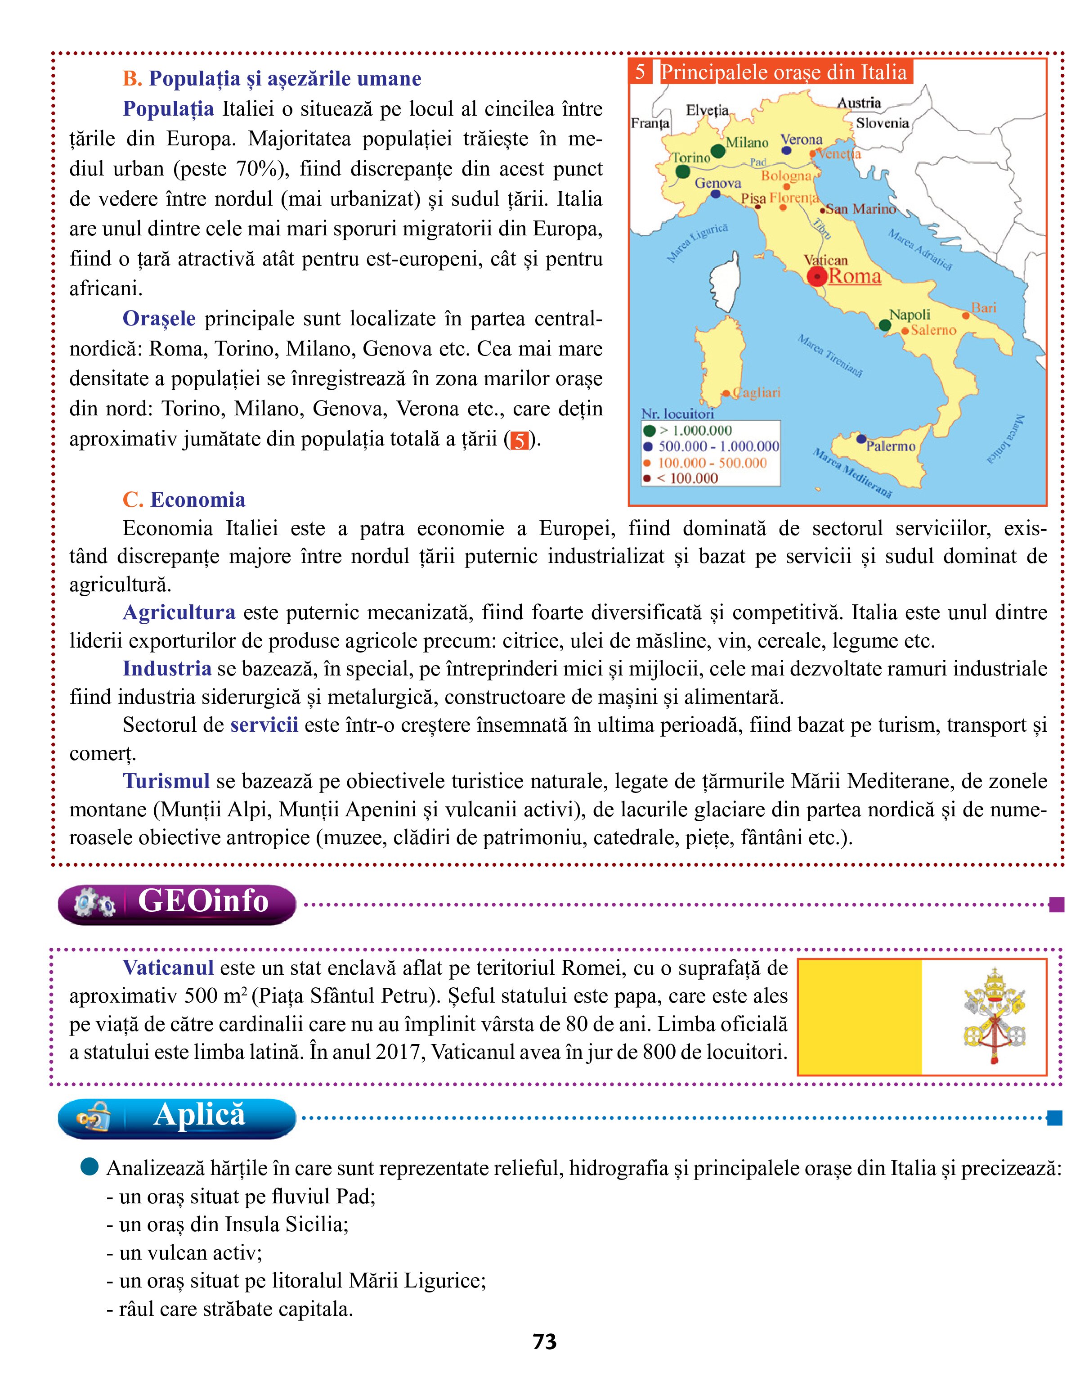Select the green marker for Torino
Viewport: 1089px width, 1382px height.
tap(682, 171)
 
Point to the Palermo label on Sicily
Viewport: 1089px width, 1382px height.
tap(891, 446)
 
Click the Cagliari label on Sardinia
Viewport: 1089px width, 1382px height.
tap(757, 393)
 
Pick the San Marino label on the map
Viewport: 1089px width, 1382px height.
tap(861, 209)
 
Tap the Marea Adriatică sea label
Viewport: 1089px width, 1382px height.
tap(920, 249)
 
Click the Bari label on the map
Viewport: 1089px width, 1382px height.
tap(984, 308)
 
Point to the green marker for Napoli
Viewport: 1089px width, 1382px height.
tap(884, 325)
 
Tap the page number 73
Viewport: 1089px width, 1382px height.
tap(544, 1342)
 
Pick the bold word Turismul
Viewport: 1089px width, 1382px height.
tap(166, 781)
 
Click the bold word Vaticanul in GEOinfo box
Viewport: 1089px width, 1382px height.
tap(168, 968)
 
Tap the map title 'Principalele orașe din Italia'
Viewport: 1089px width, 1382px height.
tap(784, 72)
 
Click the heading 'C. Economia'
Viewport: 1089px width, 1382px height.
tap(184, 500)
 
